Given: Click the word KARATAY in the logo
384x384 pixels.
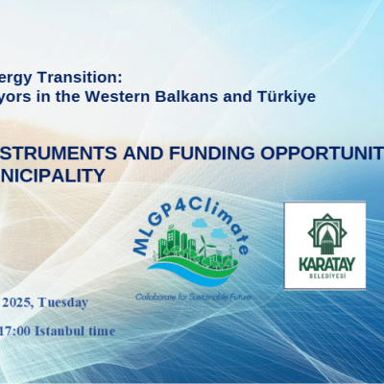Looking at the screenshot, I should [324, 259].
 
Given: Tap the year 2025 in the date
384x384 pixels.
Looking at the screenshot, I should [15, 303].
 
